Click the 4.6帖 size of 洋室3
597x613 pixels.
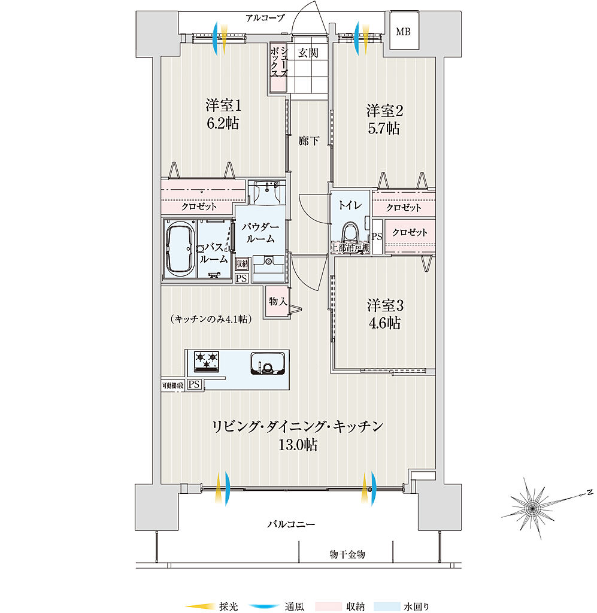pyautogui.click(x=384, y=323)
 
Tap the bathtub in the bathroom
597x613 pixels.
pyautogui.click(x=178, y=248)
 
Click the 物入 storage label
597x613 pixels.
pyautogui.click(x=277, y=301)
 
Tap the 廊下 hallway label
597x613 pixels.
pyautogui.click(x=309, y=141)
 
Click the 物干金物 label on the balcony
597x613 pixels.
pyautogui.click(x=347, y=555)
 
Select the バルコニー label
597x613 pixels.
pyautogui.click(x=290, y=524)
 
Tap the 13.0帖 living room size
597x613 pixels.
pyautogui.click(x=297, y=445)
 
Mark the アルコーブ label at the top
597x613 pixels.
pyautogui.click(x=265, y=17)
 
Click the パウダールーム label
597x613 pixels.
pyautogui.click(x=260, y=233)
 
